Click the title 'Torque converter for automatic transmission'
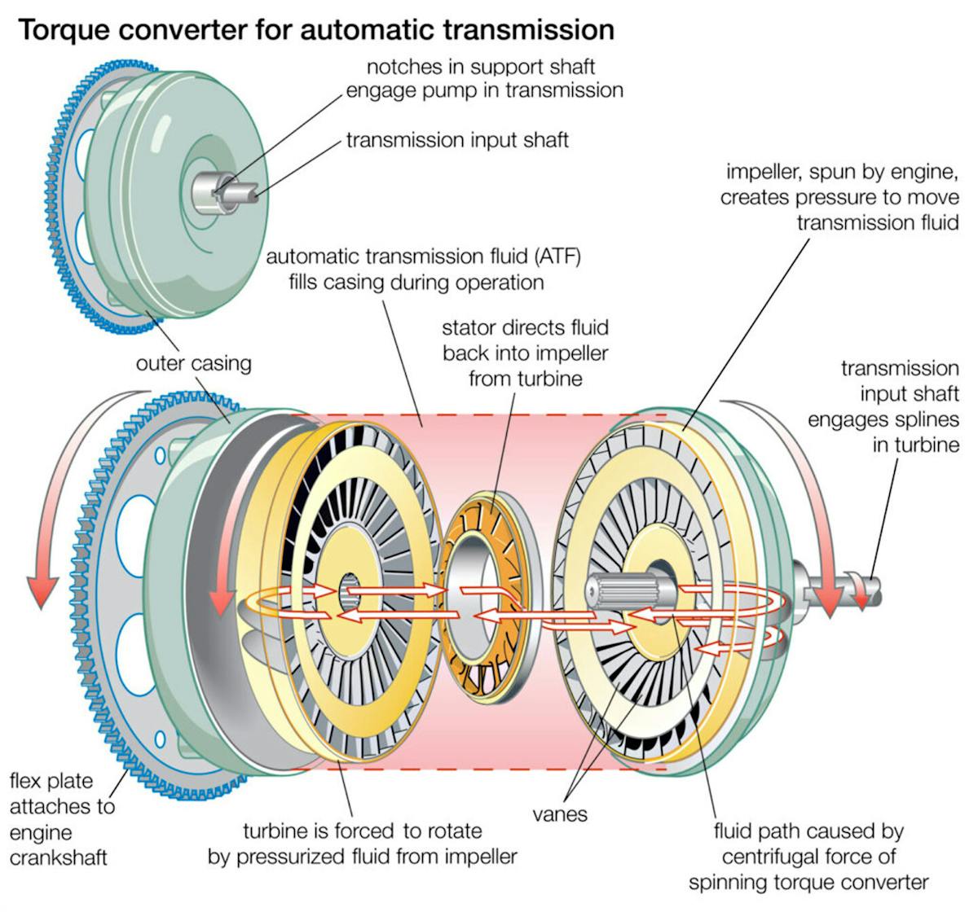(315, 30)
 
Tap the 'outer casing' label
(193, 363)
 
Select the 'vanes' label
(560, 813)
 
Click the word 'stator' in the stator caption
(467, 328)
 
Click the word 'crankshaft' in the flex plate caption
(59, 858)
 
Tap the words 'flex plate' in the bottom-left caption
(51, 782)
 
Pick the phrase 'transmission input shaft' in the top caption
(457, 140)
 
